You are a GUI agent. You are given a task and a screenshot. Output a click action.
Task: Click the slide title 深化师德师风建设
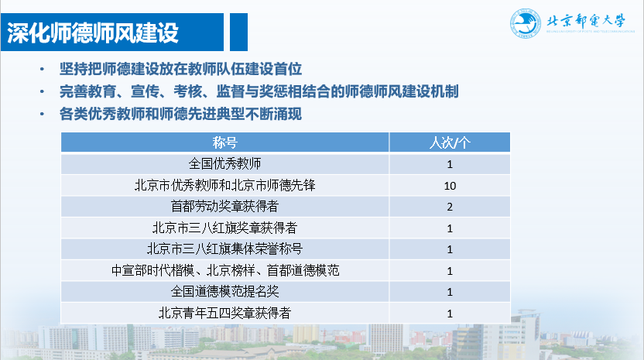point(93,33)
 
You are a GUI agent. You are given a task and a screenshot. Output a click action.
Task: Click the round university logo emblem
point(526,23)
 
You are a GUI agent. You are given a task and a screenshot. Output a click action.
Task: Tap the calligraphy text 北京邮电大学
point(586,21)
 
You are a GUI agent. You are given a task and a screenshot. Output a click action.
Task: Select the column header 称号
point(224,142)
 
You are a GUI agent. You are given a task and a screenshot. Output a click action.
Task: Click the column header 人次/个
point(450,142)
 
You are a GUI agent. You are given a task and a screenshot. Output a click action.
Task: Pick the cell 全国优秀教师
point(224,163)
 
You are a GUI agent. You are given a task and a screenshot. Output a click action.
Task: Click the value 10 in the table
point(450,186)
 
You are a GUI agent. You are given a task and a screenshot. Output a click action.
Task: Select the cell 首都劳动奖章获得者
point(224,206)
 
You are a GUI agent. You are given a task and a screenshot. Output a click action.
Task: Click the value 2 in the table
point(450,207)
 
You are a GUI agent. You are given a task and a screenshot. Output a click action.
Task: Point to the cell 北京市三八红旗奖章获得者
point(224,228)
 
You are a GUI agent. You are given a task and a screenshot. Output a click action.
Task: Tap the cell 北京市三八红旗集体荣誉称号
point(224,249)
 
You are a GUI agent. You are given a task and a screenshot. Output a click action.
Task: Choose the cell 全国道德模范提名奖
point(224,291)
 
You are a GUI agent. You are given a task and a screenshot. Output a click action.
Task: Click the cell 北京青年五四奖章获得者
point(224,313)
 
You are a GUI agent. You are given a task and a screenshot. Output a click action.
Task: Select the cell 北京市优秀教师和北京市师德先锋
point(224,185)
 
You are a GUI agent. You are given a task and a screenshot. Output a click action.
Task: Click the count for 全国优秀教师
point(450,164)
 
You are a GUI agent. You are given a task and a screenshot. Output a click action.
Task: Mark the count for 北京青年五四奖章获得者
point(450,314)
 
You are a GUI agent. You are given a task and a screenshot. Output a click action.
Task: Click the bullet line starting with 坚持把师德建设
point(180,69)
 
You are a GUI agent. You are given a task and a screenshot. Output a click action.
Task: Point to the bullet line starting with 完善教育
point(259,91)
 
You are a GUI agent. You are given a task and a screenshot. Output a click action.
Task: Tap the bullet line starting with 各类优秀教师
point(180,114)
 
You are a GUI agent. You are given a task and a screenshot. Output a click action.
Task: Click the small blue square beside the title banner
point(238,32)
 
